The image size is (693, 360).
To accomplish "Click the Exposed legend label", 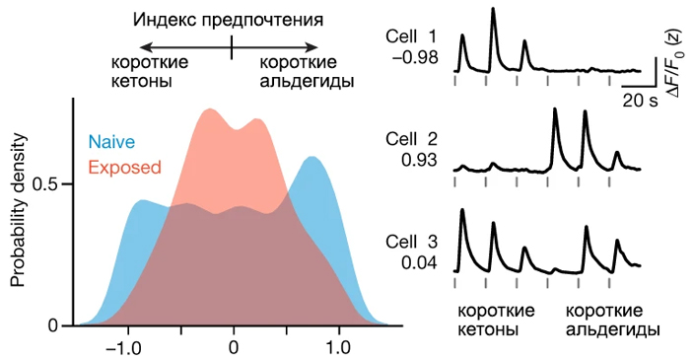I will coord(124,167).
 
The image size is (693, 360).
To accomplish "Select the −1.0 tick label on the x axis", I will coord(124,348).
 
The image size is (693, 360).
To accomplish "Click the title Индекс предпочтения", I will coord(231,18).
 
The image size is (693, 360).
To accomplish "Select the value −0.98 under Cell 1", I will coord(415,58).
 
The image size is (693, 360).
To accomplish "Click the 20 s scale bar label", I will coord(640,101).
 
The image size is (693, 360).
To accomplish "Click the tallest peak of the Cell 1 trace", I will coord(493,10).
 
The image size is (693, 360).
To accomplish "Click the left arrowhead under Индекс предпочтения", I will coord(144,46).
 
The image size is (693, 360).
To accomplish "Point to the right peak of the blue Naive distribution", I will coord(312,158).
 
